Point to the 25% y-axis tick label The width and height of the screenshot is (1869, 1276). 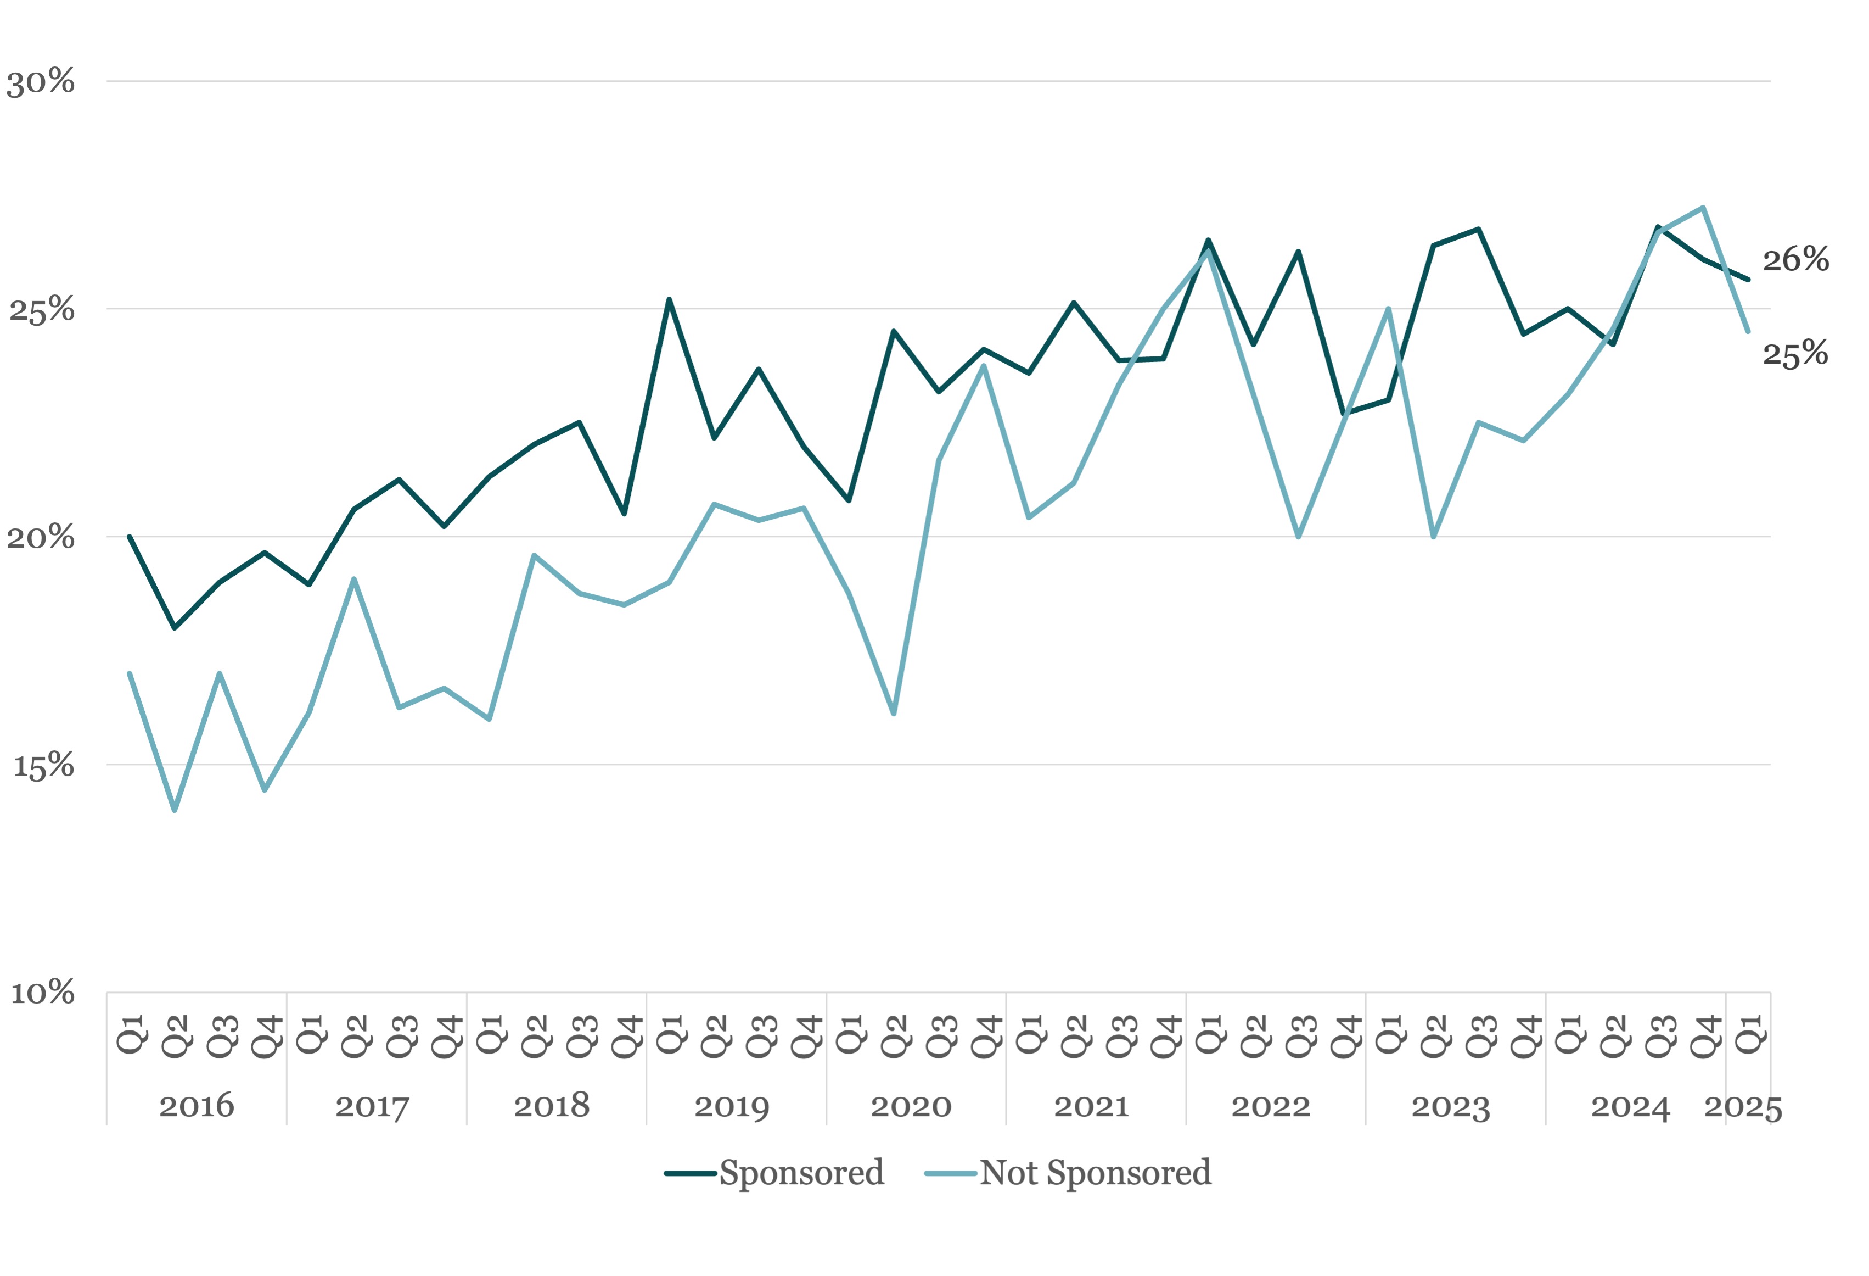coord(42,310)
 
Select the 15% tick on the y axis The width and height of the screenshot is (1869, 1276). coord(43,766)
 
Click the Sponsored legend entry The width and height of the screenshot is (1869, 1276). coord(774,1173)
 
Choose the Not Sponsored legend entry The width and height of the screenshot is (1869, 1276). coord(1068,1173)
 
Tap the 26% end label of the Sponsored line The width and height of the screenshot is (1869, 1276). coord(1796,260)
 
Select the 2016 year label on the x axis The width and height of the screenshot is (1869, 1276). coord(197,1106)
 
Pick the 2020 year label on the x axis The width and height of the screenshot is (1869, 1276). coord(911,1106)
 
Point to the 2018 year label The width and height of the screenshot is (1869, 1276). coord(552,1106)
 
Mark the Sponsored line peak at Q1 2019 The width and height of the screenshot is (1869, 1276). coord(669,300)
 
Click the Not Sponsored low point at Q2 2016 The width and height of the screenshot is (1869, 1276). coord(175,810)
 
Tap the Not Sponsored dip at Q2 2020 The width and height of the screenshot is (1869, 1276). coord(894,714)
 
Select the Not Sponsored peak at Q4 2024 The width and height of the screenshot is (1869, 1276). coord(1703,208)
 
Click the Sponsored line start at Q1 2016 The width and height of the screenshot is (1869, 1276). coord(130,537)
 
